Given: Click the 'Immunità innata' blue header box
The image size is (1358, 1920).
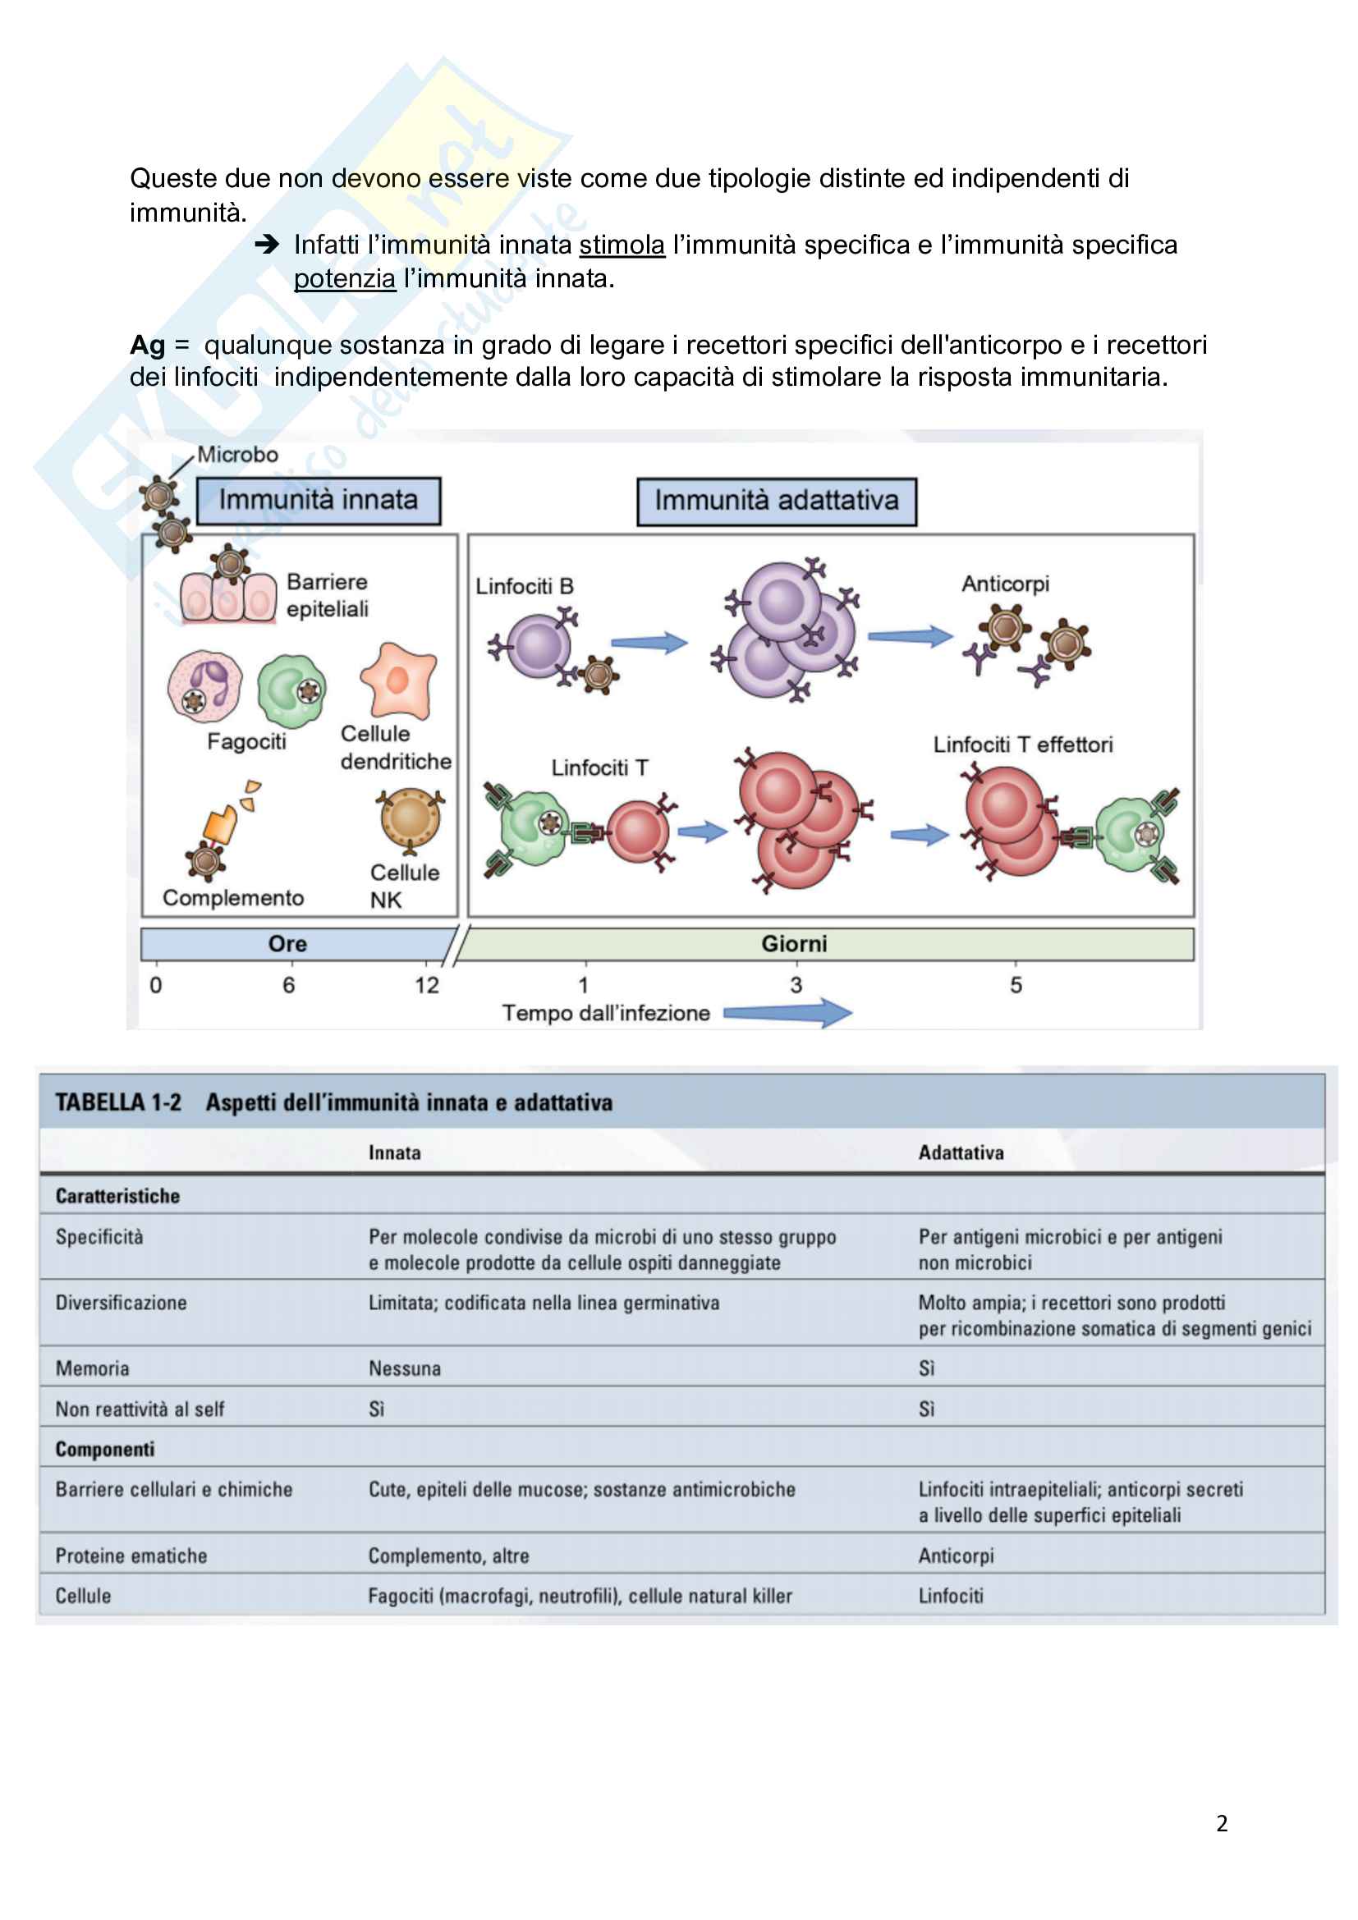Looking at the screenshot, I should point(318,501).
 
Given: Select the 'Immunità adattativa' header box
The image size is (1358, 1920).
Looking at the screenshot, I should point(776,502).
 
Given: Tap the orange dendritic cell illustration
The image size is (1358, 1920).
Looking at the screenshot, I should point(399,680).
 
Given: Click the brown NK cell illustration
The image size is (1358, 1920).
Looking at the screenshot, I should point(410,819).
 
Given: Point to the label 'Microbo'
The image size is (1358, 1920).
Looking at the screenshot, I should point(237,455).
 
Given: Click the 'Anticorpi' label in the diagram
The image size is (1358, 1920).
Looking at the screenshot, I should point(1004,584).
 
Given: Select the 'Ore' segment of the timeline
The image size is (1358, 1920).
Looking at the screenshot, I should point(287,944).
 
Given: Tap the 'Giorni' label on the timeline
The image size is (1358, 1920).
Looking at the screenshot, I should point(794,944).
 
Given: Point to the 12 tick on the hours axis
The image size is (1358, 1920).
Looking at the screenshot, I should point(427,984).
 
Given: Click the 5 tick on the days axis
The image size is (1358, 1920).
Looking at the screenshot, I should point(1016,984).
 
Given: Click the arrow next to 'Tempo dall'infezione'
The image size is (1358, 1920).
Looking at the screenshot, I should point(787,1013).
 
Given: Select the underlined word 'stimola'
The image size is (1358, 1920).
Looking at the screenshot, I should point(622,245).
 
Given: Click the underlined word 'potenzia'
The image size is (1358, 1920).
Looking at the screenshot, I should point(345,278).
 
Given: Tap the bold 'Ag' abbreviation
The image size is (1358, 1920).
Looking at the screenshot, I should point(147,345).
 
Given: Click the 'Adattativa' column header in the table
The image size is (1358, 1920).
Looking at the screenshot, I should point(961,1152).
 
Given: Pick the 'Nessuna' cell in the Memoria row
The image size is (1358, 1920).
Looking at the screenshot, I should point(405,1369).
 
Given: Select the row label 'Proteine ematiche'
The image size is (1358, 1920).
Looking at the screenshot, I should point(131,1556).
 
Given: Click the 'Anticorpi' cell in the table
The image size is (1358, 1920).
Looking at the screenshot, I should point(956,1556).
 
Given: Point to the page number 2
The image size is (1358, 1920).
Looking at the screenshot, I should point(1222,1824).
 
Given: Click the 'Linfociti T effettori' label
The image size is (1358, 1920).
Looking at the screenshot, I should point(1023,745).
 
